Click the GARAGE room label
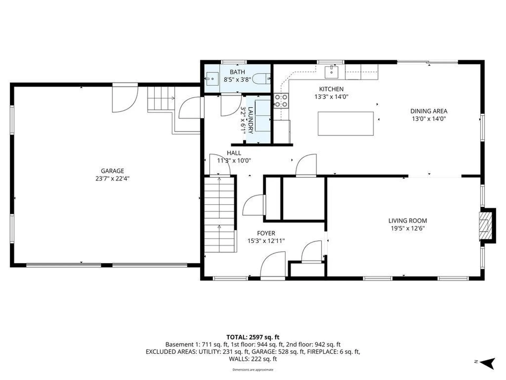coord(112,171)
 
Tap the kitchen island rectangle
coord(346,123)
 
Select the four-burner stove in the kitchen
coord(281,101)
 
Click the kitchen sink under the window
coord(331,72)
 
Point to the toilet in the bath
coord(261,79)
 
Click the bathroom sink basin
coord(212,79)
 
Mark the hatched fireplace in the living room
coord(485,226)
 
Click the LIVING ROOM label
coord(407,221)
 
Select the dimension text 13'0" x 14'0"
coord(429,119)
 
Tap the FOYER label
coord(266,233)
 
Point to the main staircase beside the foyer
coord(219,214)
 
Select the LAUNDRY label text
coord(250,120)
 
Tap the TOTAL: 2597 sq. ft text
coord(253,337)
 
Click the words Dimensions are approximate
coord(253,370)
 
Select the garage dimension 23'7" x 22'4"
coord(112,179)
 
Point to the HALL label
coord(234,153)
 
